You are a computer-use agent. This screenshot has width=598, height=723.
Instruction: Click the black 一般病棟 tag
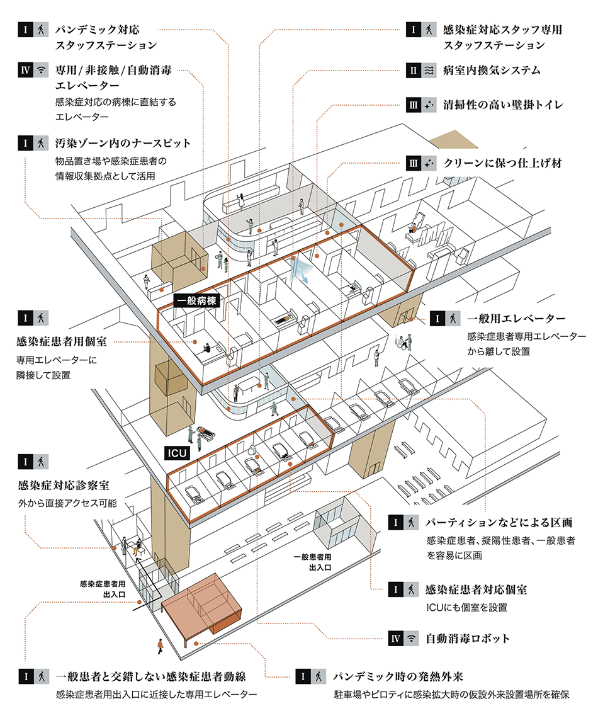(197, 301)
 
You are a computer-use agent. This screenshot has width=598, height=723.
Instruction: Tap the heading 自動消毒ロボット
(467, 639)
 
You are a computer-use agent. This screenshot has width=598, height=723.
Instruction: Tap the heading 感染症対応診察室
(65, 486)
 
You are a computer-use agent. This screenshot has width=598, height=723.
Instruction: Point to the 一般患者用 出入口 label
(312, 562)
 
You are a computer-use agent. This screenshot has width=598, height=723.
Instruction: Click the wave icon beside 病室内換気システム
(429, 71)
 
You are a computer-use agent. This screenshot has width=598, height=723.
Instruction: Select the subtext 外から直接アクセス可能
(67, 504)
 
